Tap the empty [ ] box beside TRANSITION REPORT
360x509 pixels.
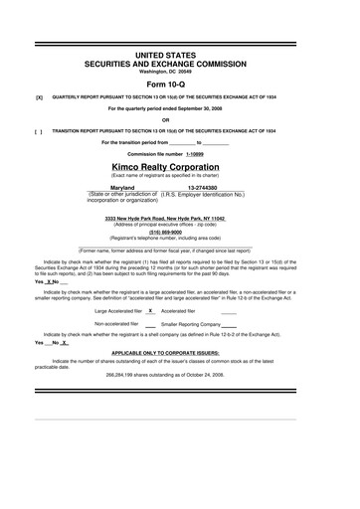point(39,130)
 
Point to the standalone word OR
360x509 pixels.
point(180,119)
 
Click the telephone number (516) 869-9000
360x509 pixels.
point(180,232)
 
